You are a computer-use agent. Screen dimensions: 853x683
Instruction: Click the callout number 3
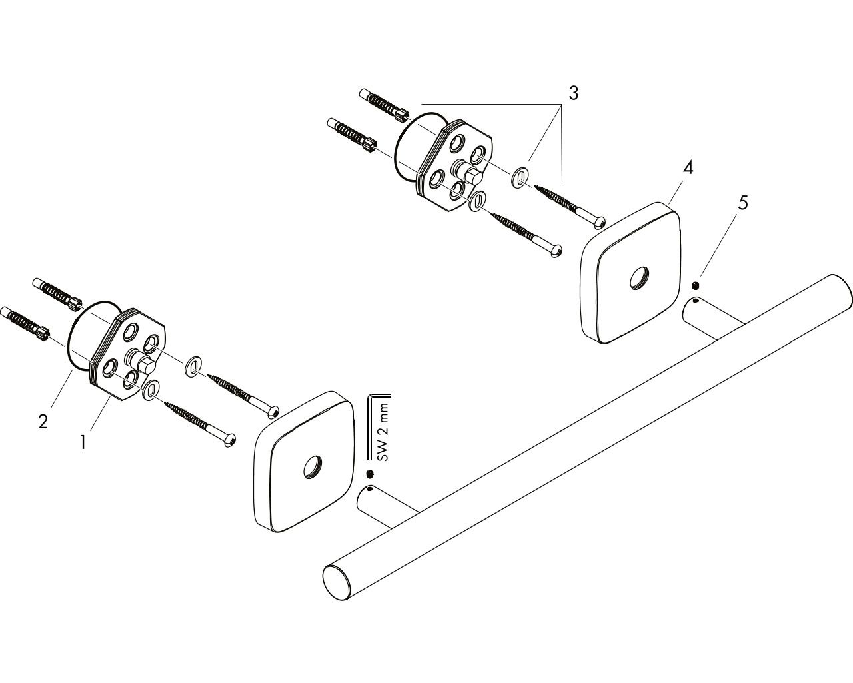573,93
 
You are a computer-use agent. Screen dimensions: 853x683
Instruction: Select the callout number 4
688,168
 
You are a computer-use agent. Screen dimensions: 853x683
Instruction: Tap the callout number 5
743,203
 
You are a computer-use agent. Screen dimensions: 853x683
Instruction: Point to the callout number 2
43,421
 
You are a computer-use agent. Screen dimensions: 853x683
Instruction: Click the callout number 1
83,442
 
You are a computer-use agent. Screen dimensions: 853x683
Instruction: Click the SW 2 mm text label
383,432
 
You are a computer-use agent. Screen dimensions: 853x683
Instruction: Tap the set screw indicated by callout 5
695,285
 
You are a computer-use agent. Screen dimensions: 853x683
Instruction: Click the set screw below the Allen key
371,474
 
